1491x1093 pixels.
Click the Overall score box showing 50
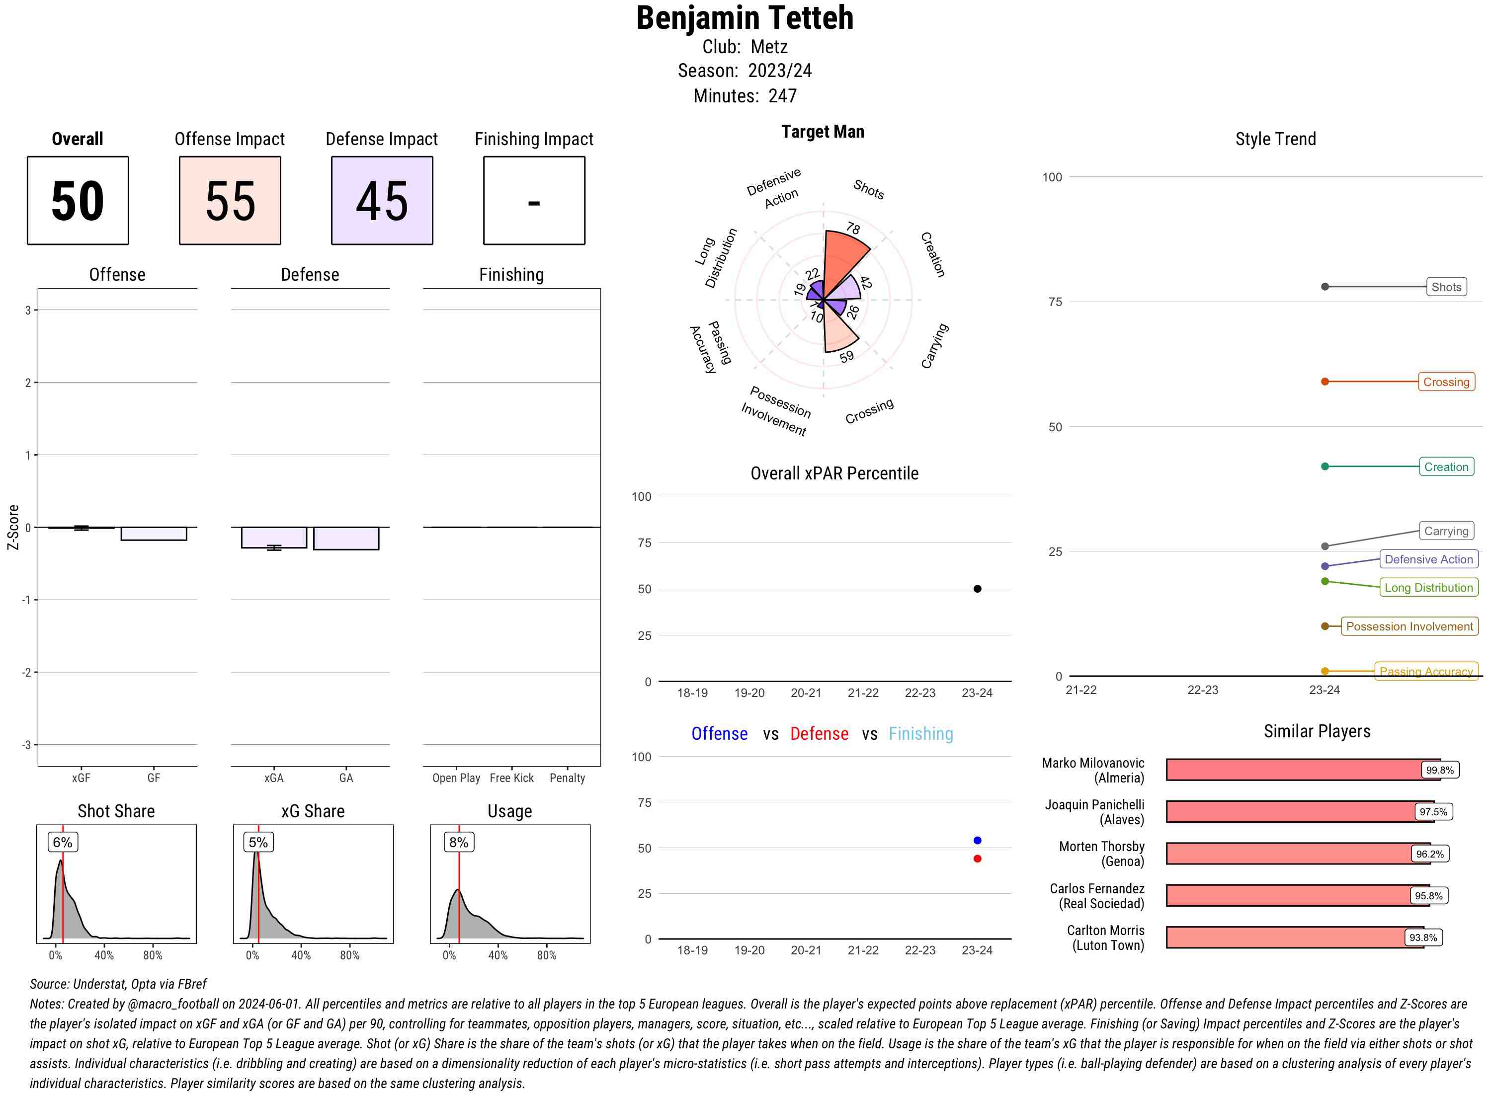(x=78, y=201)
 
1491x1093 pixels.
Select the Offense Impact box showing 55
(x=230, y=201)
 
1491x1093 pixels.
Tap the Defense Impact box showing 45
(x=382, y=201)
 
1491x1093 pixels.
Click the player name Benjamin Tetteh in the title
(x=745, y=18)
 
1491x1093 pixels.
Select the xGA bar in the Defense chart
(x=274, y=537)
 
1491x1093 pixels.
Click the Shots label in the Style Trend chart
(x=1445, y=287)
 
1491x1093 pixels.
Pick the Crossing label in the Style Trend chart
(x=1445, y=382)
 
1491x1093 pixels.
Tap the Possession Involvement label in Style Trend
(x=1409, y=626)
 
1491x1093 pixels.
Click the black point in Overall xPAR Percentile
(x=977, y=589)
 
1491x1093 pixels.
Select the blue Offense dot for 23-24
(x=977, y=840)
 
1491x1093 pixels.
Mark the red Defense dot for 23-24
(x=977, y=859)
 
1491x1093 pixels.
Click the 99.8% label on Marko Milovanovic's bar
(x=1439, y=770)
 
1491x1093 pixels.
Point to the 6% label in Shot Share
(x=63, y=842)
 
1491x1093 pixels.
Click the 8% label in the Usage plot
(x=459, y=842)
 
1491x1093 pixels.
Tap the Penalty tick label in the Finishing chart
(x=567, y=778)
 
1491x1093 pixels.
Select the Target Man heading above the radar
(x=823, y=132)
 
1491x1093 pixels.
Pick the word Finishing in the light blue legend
(x=920, y=734)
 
